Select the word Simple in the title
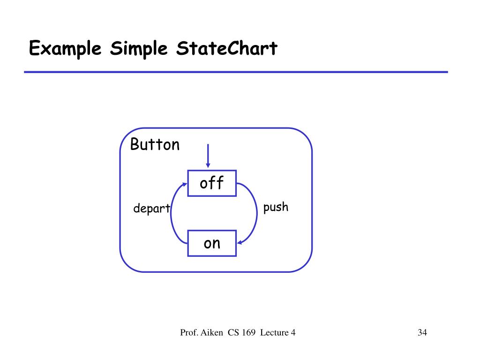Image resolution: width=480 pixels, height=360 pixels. tap(138, 49)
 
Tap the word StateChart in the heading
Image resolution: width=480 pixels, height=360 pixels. tap(227, 48)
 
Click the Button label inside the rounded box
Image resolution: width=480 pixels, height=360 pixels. tap(155, 145)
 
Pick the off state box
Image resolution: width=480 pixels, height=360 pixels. tap(212, 183)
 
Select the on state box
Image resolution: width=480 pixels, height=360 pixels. tap(212, 243)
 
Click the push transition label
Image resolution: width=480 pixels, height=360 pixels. tap(276, 207)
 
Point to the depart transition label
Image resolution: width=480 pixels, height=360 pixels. tap(151, 209)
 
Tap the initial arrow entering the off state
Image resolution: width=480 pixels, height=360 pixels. tap(208, 155)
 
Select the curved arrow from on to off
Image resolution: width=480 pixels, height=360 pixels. tap(172, 213)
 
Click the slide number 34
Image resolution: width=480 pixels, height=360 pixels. tap(422, 333)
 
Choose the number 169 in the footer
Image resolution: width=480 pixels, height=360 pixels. tap(249, 333)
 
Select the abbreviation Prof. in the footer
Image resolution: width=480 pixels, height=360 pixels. tap(189, 333)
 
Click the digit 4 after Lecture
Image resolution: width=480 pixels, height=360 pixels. tap(293, 333)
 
